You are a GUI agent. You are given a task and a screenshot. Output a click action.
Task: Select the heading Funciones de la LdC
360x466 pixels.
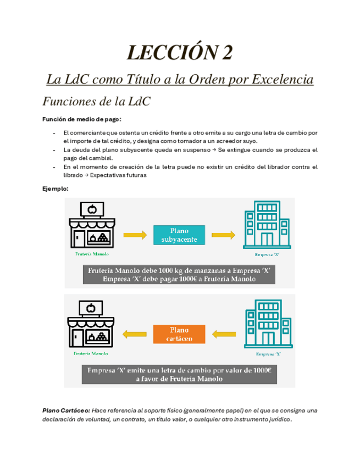click(96, 102)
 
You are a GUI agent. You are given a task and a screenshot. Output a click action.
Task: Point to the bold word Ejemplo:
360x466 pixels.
click(56, 188)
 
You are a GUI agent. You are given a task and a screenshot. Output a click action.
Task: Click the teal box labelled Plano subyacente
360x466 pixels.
click(179, 235)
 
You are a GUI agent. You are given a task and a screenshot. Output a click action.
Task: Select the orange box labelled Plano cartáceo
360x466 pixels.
click(179, 334)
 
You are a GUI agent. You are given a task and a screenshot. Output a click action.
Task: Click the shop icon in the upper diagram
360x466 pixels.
click(92, 226)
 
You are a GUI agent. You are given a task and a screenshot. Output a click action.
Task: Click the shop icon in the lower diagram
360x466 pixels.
click(92, 325)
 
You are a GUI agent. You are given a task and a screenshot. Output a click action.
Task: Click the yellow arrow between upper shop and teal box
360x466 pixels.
click(135, 235)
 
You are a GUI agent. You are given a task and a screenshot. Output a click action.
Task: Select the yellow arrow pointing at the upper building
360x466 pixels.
click(223, 235)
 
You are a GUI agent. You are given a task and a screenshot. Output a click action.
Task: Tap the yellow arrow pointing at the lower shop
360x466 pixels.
click(135, 334)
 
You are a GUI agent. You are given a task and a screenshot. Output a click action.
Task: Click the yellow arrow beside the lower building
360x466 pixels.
click(223, 334)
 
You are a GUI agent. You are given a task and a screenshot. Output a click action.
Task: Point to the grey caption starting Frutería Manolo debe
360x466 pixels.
click(180, 274)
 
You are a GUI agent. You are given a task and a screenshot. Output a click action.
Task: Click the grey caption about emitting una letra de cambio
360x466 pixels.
click(180, 374)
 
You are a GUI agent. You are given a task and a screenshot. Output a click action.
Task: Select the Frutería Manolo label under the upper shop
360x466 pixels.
click(92, 254)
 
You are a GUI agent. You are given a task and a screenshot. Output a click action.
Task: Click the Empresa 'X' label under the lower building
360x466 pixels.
click(268, 354)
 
